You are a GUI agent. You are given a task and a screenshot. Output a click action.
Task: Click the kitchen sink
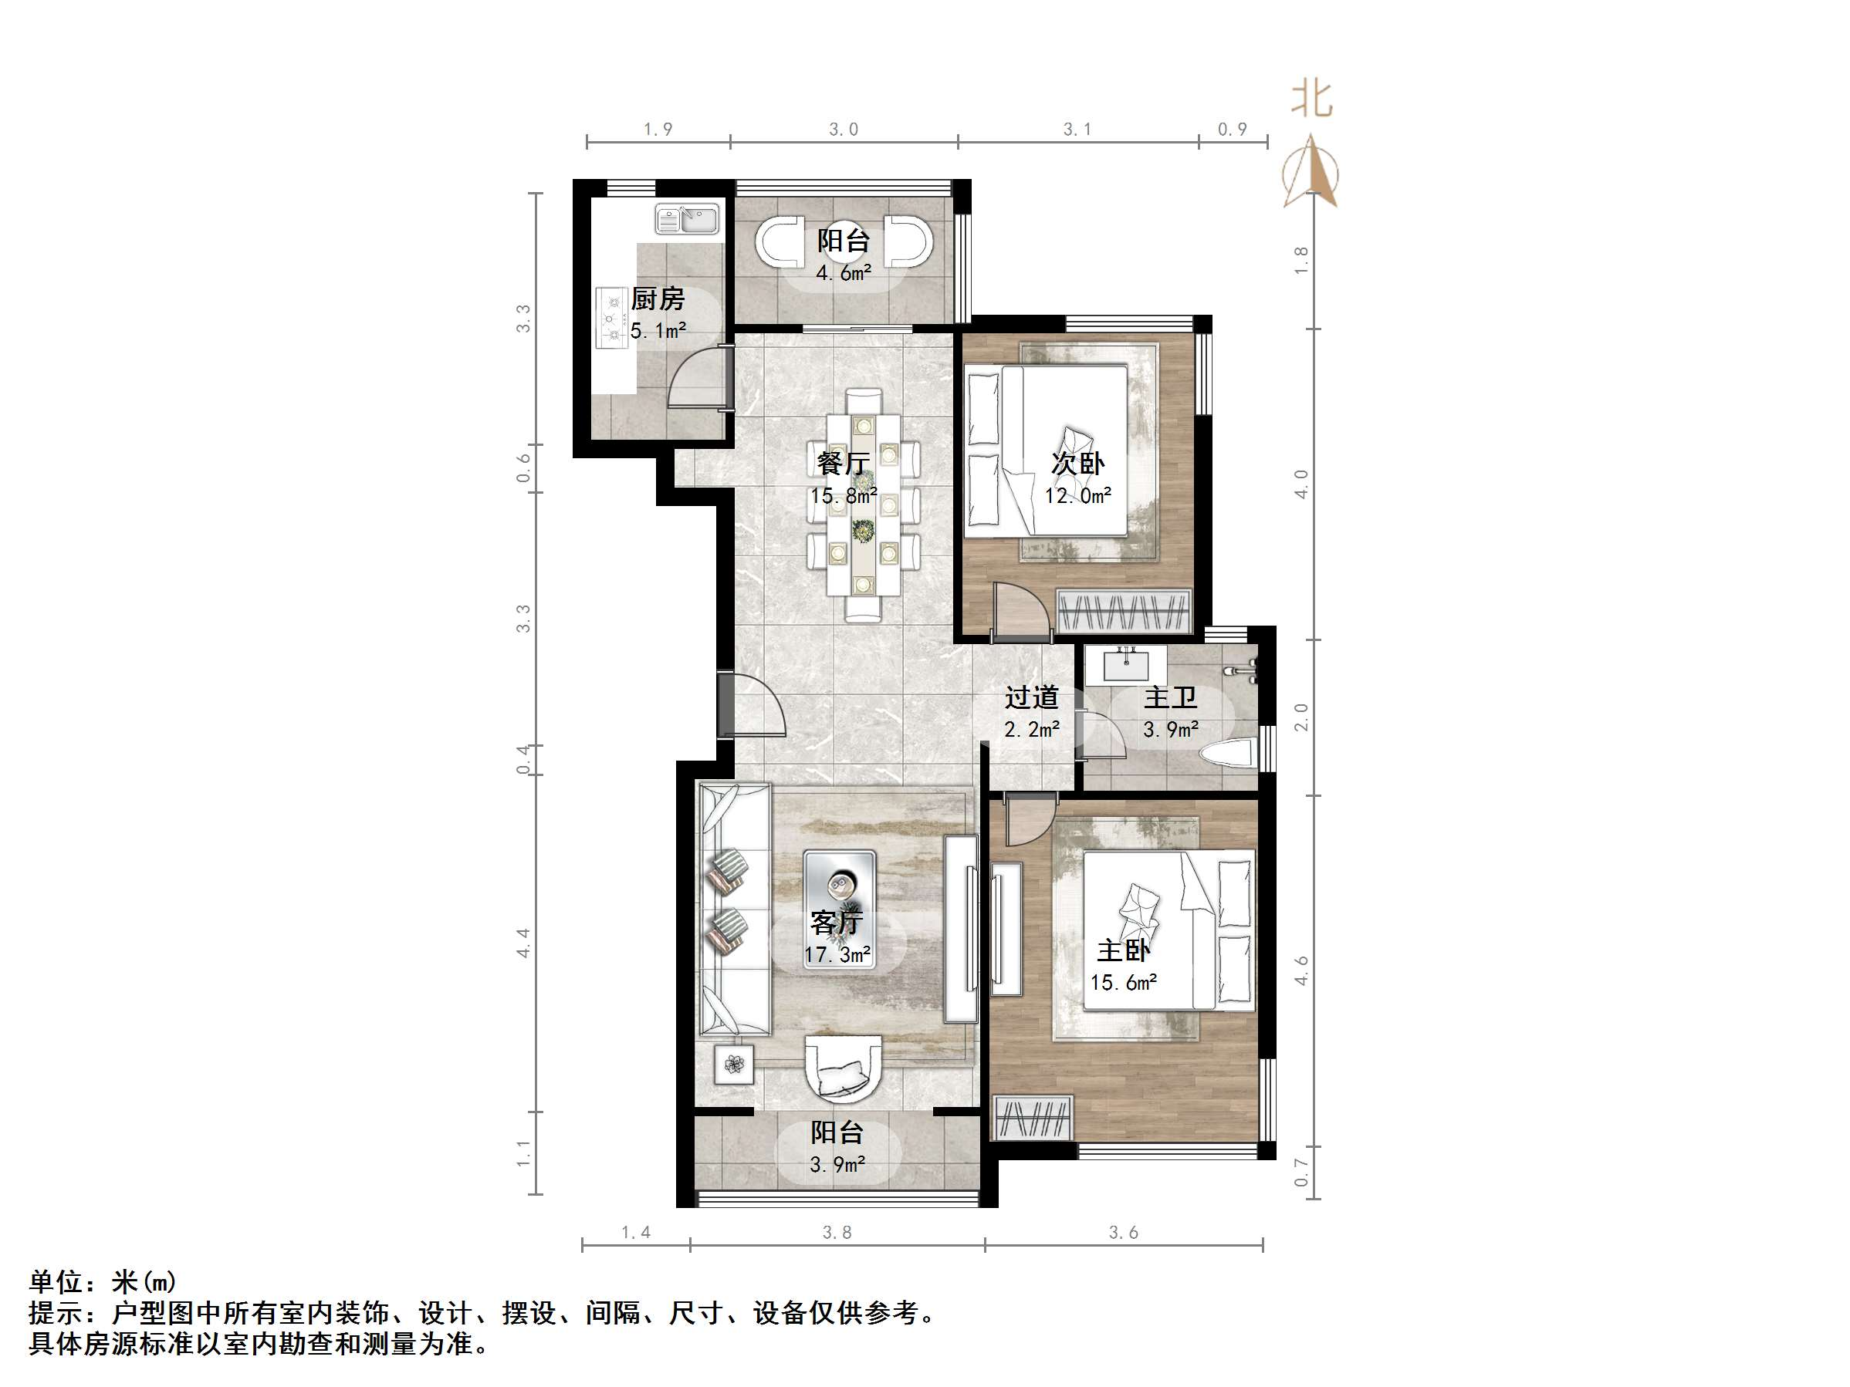click(x=687, y=219)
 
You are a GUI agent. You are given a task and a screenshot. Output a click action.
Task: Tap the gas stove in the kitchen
click(x=612, y=318)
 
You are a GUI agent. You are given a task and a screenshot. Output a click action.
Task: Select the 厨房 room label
click(x=658, y=299)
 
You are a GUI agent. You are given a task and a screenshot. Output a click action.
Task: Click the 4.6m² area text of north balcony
click(x=843, y=273)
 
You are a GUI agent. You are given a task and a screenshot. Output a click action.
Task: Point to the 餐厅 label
click(x=843, y=463)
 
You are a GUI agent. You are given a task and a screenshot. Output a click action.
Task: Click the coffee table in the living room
click(x=839, y=909)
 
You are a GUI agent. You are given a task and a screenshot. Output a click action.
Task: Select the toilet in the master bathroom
click(x=1228, y=753)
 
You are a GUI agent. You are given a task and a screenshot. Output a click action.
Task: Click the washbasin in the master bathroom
click(x=1126, y=666)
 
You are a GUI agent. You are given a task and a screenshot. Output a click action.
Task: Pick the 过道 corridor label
click(x=1031, y=697)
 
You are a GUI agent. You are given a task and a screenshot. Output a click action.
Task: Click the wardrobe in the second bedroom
click(x=1123, y=612)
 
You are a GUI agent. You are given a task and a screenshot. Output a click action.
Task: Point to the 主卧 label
click(x=1123, y=950)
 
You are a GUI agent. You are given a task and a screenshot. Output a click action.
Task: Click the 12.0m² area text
click(x=1077, y=496)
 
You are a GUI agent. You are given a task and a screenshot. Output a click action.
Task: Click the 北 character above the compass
click(x=1311, y=100)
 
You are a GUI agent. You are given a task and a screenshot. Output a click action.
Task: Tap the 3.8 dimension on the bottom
click(x=837, y=1232)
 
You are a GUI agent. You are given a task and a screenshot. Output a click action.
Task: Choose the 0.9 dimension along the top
click(x=1232, y=130)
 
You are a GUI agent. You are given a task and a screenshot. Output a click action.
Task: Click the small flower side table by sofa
click(x=734, y=1065)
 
